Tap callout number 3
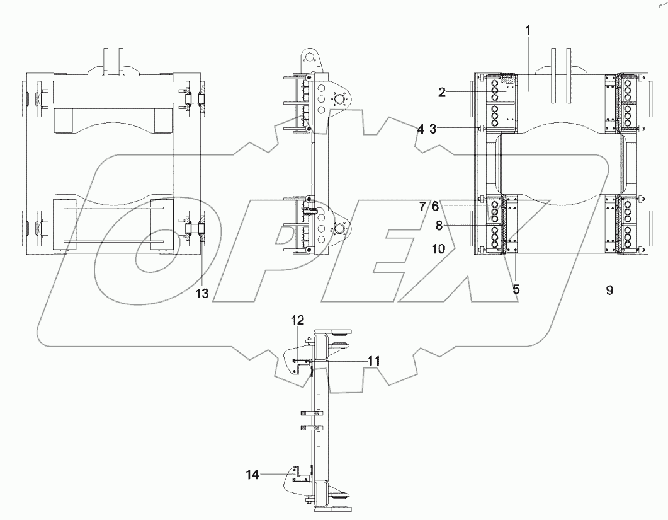(433, 129)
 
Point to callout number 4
(419, 129)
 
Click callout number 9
(609, 291)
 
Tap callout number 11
(374, 361)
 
